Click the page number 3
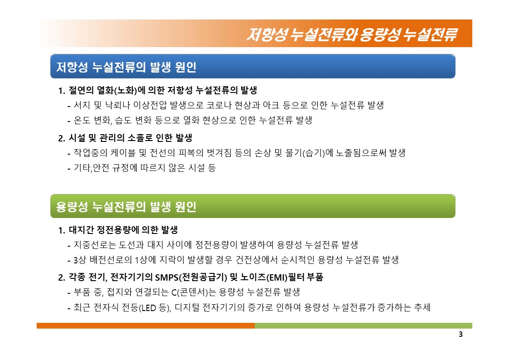coord(461,334)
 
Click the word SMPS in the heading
coord(166,277)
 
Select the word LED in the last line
coord(149,307)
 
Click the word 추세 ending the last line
coord(422,307)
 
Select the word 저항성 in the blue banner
coord(72,67)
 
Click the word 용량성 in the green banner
coord(72,206)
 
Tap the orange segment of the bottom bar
coord(146,326)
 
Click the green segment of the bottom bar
coord(364,326)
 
